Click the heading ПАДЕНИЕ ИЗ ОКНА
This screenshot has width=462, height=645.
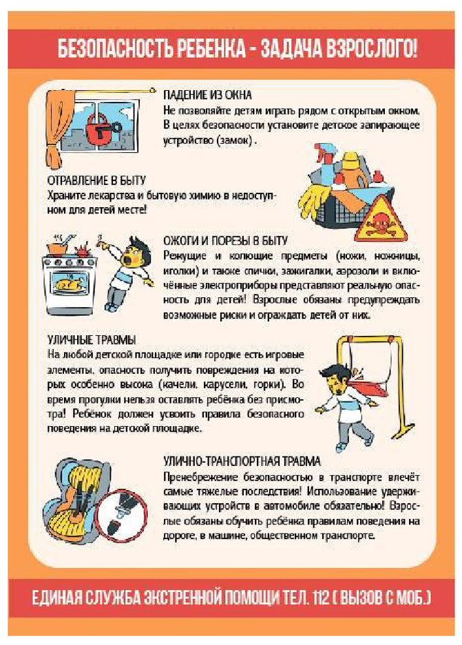pyautogui.click(x=207, y=95)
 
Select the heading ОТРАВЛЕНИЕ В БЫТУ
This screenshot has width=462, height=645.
pyautogui.click(x=96, y=180)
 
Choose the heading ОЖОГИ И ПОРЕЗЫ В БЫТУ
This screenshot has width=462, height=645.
pyautogui.click(x=225, y=241)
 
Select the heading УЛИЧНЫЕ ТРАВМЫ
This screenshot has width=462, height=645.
pyautogui.click(x=92, y=340)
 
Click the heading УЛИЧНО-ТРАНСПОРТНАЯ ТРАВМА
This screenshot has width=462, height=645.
pyautogui.click(x=242, y=461)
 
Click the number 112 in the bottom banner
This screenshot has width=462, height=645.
pyautogui.click(x=321, y=598)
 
